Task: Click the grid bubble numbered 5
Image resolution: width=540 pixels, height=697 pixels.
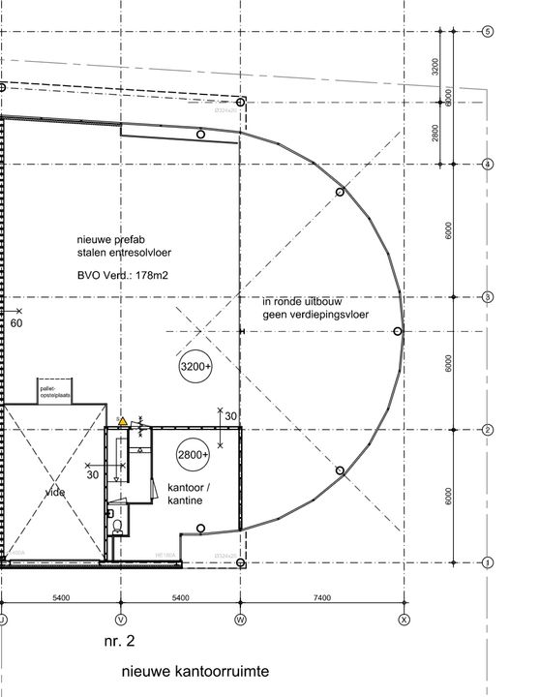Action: click(x=489, y=32)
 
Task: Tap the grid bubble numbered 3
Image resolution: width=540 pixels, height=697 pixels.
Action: click(x=489, y=297)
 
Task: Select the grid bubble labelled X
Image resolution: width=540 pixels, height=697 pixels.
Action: click(x=405, y=618)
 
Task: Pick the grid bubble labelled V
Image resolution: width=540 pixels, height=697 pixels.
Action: click(x=121, y=618)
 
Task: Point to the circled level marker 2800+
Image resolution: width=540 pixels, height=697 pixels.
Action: click(x=193, y=454)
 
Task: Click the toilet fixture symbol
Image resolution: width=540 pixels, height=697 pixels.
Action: click(x=117, y=526)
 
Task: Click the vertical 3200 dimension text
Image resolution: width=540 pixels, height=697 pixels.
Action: click(x=436, y=67)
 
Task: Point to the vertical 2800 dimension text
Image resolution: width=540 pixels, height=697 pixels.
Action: click(x=436, y=133)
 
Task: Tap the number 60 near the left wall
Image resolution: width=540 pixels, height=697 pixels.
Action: click(x=15, y=323)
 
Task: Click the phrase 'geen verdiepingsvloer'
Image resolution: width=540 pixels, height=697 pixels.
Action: click(x=315, y=316)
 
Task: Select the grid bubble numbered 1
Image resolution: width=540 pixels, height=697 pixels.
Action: click(x=489, y=562)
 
